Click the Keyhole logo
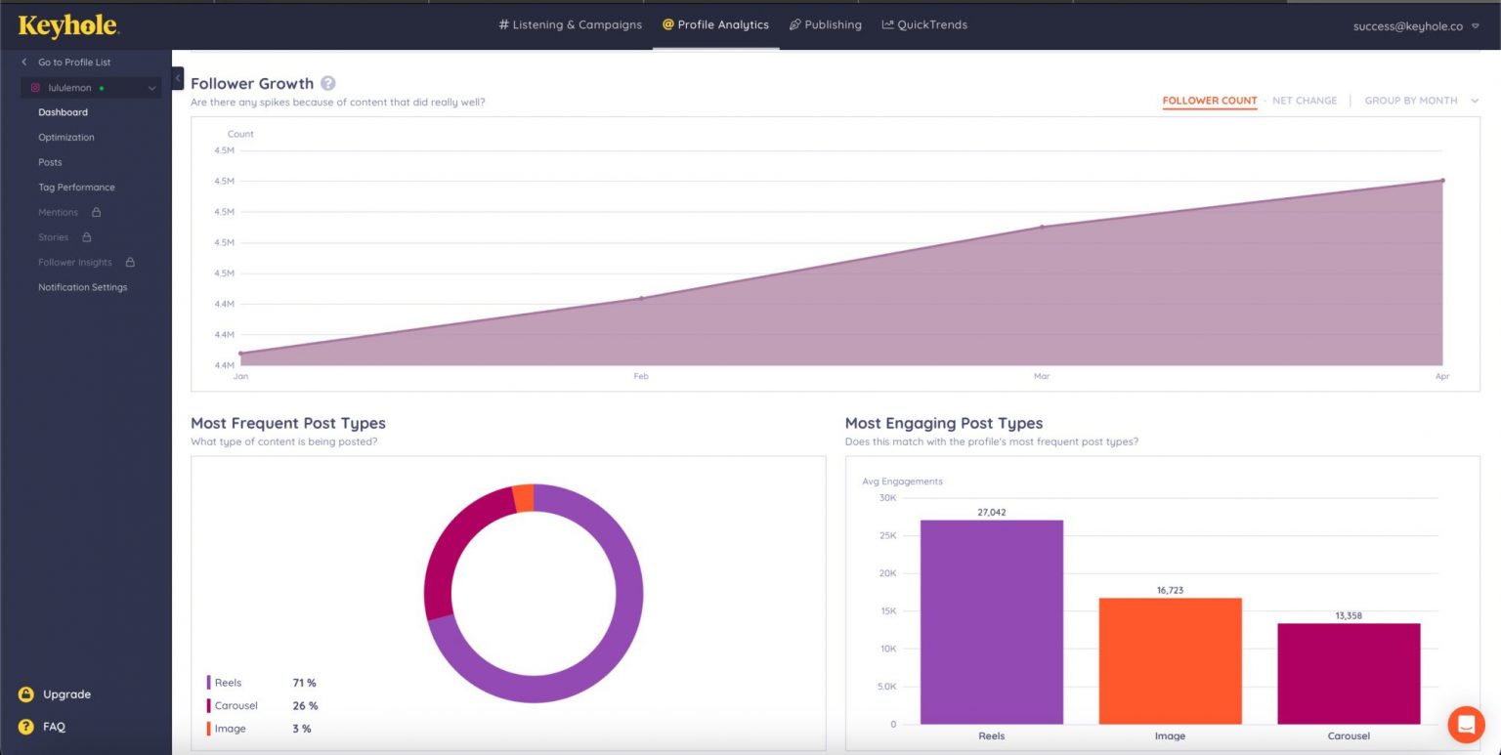coord(68,26)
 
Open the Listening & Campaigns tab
coord(570,24)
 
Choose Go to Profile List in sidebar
coord(73,63)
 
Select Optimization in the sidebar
coord(66,138)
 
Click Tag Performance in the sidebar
coord(76,188)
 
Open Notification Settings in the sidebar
coord(82,287)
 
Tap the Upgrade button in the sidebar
coord(65,694)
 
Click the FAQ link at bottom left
coord(54,727)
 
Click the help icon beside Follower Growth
coord(328,83)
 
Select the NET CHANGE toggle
coord(1304,101)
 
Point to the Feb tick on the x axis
coord(641,376)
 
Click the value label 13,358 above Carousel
coord(1349,615)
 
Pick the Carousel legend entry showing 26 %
coord(261,705)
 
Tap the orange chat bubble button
coord(1466,724)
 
